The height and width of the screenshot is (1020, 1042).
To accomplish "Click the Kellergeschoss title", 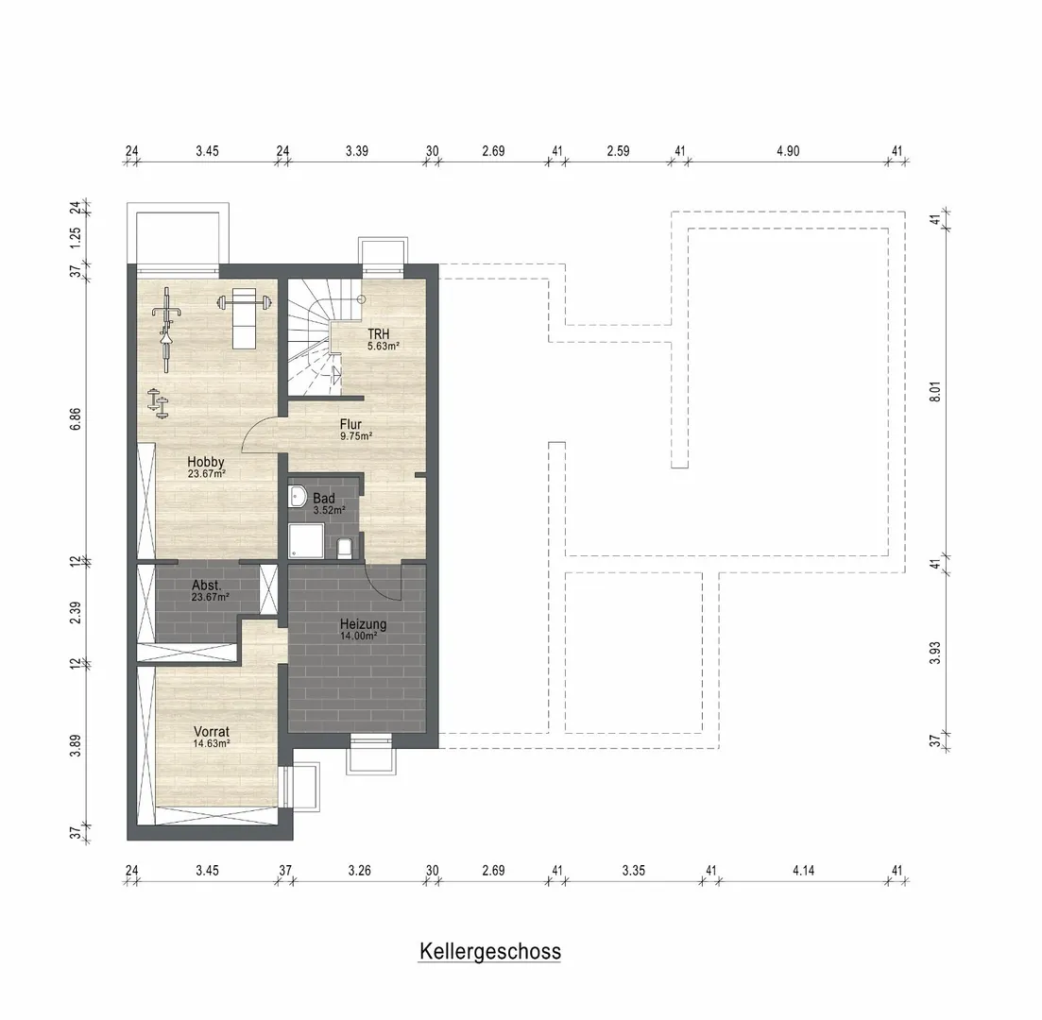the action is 489,952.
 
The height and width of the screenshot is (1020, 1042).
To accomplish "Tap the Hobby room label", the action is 205,462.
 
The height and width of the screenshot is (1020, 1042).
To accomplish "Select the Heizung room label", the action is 363,624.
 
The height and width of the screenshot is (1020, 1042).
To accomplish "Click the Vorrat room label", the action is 212,732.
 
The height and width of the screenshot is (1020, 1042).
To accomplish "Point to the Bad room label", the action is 324,499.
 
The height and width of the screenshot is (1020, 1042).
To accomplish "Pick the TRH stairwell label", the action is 379,334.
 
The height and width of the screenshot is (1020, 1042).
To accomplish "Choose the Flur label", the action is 350,424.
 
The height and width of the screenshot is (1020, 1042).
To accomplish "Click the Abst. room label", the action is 206,586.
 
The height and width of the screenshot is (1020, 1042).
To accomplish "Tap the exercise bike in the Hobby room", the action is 164,329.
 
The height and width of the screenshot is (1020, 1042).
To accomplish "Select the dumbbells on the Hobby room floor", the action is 158,402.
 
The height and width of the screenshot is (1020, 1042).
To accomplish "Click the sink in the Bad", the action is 297,496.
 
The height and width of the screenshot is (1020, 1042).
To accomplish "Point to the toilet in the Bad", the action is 344,548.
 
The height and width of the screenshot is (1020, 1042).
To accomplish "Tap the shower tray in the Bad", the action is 306,541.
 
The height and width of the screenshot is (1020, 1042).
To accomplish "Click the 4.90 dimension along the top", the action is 788,151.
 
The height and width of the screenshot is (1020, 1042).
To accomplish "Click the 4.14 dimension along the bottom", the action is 803,870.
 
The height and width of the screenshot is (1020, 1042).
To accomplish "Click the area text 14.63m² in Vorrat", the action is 212,743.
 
